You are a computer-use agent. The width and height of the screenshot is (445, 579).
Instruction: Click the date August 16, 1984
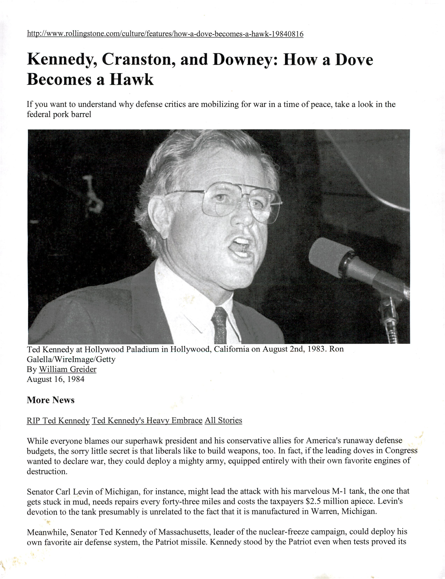tap(56, 379)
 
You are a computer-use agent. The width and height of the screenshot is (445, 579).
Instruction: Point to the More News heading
tap(51, 400)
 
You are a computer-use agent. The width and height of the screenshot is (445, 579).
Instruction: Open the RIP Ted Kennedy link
tap(58, 421)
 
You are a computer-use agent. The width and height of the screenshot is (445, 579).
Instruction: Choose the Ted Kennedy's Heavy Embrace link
tap(147, 421)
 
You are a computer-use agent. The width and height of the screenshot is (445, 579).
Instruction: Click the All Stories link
tap(223, 421)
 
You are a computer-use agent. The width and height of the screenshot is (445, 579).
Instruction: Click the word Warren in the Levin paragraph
tap(325, 511)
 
